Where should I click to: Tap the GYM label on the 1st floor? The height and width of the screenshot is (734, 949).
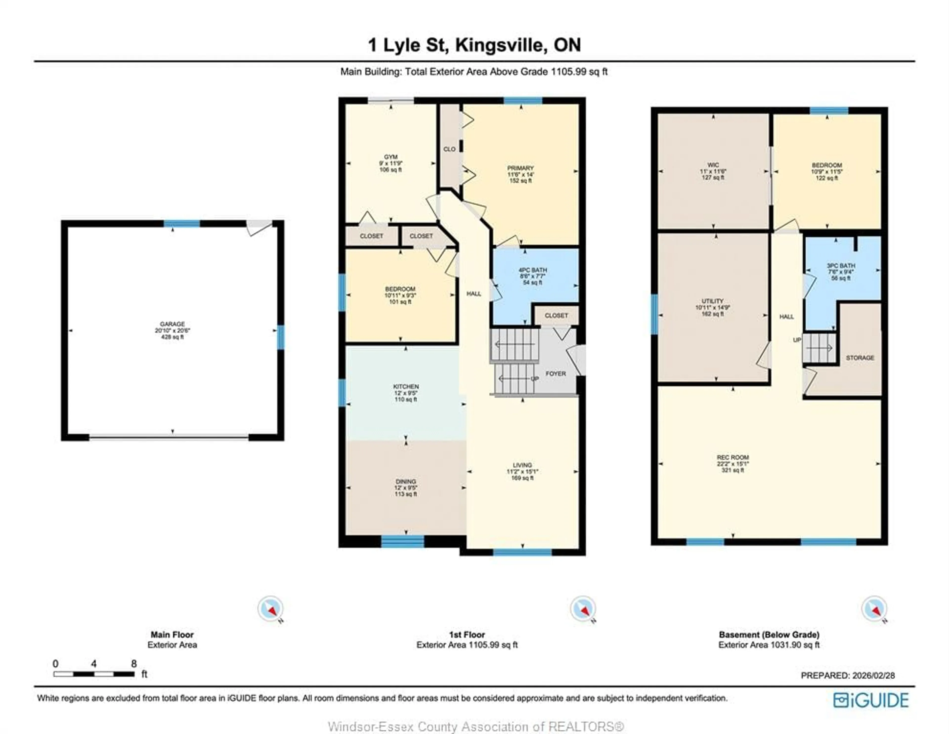click(x=391, y=157)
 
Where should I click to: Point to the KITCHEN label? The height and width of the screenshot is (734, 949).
click(x=406, y=386)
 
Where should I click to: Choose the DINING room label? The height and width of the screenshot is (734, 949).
click(x=406, y=481)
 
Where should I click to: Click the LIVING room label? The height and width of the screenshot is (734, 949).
click(x=522, y=465)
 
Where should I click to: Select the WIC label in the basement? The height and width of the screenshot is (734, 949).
click(x=713, y=165)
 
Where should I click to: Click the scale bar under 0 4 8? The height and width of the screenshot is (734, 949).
click(x=94, y=674)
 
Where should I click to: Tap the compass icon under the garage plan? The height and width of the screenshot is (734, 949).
click(x=270, y=608)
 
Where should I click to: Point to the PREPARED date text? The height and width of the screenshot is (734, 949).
click(x=847, y=675)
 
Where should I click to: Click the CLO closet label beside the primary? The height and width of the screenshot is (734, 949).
click(x=449, y=149)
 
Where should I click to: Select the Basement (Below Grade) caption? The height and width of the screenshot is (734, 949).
click(x=769, y=634)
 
